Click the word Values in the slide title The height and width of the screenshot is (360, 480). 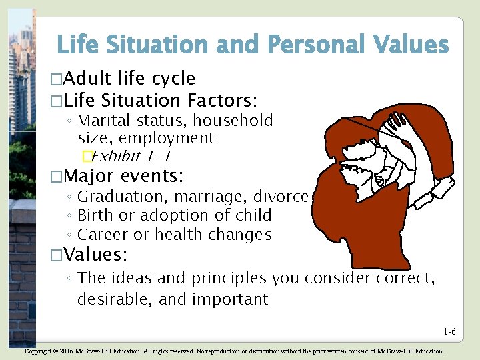[411, 45]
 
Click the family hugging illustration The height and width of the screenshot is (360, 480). [363, 180]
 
